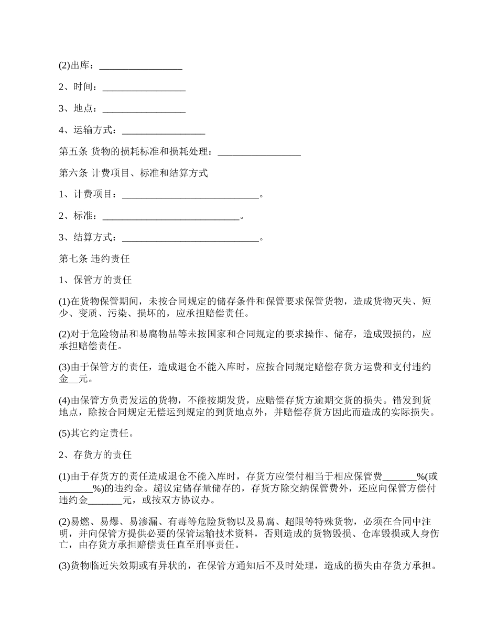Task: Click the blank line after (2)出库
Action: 140,66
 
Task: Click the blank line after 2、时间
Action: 144,87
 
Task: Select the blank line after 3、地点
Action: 144,109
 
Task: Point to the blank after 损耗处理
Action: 259,152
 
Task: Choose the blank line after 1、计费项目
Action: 190,195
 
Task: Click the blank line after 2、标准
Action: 171,216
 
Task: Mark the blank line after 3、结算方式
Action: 190,238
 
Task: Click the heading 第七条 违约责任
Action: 94,259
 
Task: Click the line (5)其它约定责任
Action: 96,433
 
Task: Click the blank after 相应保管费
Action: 400,476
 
